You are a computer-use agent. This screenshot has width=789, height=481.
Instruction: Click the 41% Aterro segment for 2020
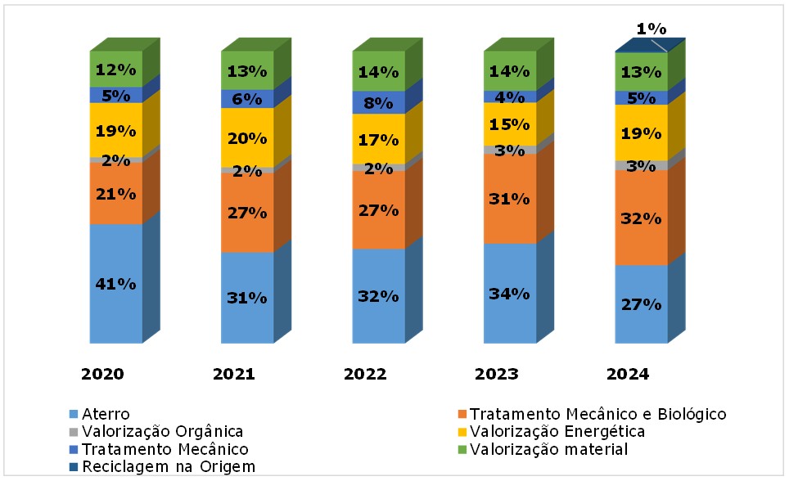115,283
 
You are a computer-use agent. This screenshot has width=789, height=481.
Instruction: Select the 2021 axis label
234,374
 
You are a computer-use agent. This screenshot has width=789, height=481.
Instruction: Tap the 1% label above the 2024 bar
651,29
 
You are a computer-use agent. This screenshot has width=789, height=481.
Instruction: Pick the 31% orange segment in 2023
510,198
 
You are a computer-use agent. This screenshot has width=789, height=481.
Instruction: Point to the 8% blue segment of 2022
378,102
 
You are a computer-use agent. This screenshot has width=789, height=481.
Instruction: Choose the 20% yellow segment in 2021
247,137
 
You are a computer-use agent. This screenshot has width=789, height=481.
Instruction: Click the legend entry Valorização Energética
557,431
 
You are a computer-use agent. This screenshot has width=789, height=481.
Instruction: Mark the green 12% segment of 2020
115,70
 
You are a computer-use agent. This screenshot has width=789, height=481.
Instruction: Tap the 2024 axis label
627,374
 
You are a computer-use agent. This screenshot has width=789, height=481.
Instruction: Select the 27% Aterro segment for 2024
641,303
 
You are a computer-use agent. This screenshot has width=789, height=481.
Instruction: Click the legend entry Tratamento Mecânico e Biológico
597,414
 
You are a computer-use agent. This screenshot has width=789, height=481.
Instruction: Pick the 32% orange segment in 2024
641,218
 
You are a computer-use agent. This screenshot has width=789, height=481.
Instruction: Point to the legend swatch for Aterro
74,415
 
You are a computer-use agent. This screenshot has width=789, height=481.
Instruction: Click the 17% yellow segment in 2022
378,138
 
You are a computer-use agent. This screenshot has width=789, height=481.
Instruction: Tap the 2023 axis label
496,374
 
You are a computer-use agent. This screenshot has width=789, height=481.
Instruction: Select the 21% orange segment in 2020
115,193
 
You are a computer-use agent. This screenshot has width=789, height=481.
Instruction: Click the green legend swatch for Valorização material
462,450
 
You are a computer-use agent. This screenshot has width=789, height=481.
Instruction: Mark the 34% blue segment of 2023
510,293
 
